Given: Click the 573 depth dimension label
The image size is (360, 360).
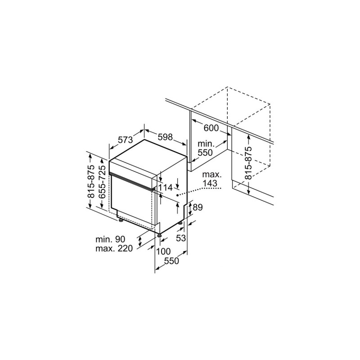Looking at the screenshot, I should [x=125, y=140].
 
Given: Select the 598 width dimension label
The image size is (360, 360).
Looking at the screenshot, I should [x=165, y=136].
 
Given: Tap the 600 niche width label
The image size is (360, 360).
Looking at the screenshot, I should [x=211, y=128].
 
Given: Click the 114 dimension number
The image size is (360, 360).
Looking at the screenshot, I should [x=166, y=188].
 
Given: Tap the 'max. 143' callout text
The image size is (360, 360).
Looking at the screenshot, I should [x=210, y=179].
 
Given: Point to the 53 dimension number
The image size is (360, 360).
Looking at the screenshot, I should [x=181, y=238].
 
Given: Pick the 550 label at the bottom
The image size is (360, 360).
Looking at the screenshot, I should [x=171, y=261].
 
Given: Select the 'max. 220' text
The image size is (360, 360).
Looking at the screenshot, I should [x=114, y=249].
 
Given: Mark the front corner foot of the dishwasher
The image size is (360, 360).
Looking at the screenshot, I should [x=159, y=234].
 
